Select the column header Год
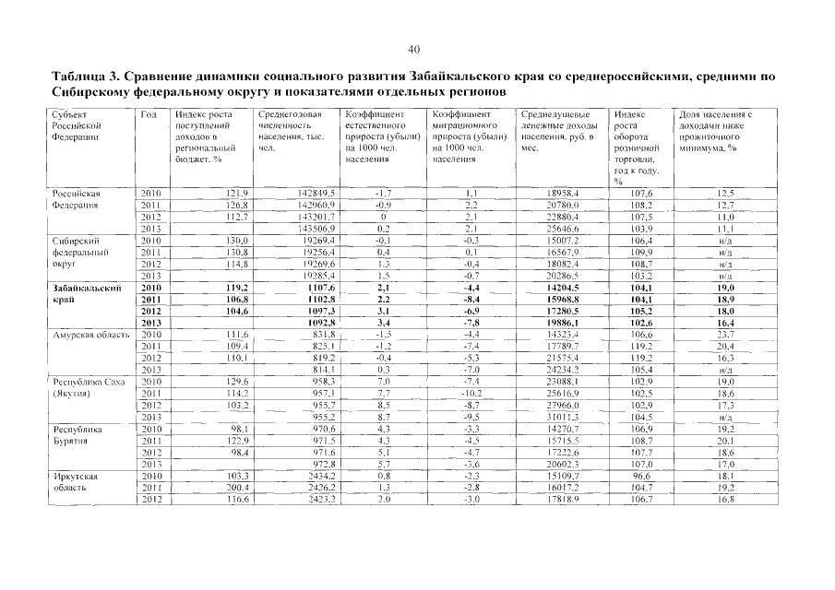point(149,114)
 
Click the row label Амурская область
point(88,335)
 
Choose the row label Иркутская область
point(75,483)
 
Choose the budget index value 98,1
point(213,430)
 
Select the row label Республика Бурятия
point(78,435)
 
